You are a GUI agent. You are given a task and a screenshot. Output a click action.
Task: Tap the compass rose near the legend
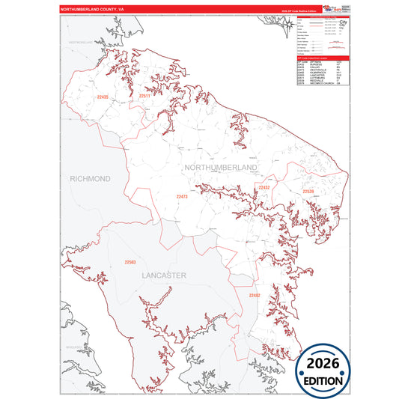(x=289, y=26)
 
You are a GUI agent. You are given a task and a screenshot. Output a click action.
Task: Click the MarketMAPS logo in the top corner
(x=329, y=8)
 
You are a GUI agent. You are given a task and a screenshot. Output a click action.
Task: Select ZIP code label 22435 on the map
(x=103, y=97)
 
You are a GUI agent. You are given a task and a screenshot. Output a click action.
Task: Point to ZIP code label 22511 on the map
(x=144, y=97)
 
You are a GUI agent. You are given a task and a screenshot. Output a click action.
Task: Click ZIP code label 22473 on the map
(x=182, y=196)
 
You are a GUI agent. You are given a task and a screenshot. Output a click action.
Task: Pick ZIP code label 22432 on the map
(x=264, y=187)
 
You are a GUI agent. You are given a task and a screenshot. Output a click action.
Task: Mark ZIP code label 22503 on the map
(x=130, y=262)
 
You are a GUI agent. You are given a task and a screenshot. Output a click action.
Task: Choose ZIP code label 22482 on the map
(x=255, y=296)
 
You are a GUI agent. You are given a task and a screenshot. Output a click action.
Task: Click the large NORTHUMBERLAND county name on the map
(x=221, y=170)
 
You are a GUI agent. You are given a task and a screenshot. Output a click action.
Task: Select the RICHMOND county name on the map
(x=90, y=179)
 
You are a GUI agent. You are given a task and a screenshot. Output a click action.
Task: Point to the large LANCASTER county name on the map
(x=164, y=275)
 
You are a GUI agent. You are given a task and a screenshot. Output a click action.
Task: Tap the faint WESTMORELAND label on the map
(x=83, y=43)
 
